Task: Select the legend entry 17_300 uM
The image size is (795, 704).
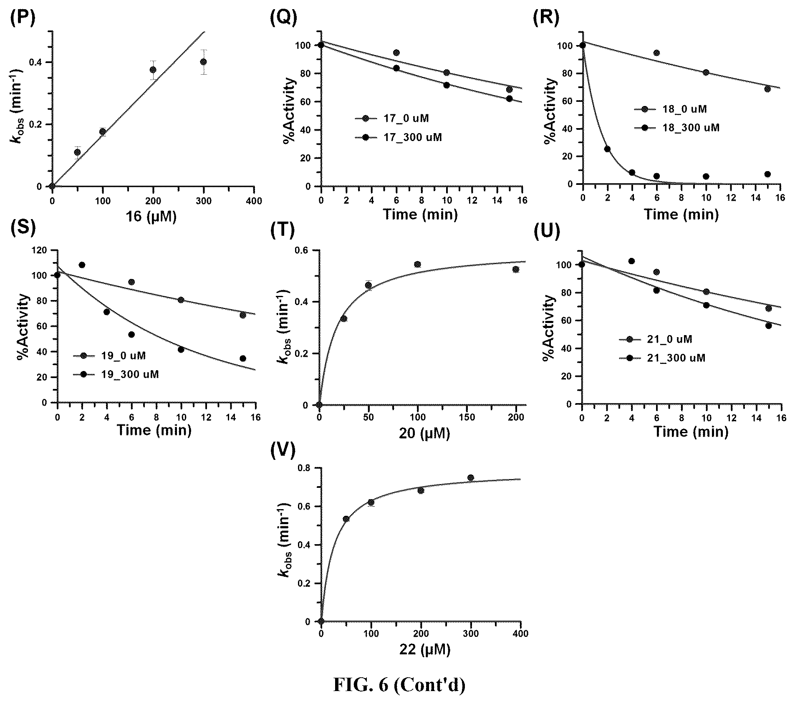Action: [x=398, y=137]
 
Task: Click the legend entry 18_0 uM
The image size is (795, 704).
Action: [x=670, y=109]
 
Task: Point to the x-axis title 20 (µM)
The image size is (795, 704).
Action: [x=424, y=434]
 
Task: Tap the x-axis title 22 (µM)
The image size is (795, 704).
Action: [x=424, y=650]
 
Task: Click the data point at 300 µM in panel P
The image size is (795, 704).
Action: [x=204, y=62]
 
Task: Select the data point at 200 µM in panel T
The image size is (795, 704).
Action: [x=516, y=270]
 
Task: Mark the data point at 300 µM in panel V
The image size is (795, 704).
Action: [x=471, y=478]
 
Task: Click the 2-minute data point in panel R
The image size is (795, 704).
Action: [x=607, y=149]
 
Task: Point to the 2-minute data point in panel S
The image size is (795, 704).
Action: [x=82, y=265]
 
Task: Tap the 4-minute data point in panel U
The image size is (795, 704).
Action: [x=631, y=261]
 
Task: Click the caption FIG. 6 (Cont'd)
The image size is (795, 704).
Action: [x=399, y=684]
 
